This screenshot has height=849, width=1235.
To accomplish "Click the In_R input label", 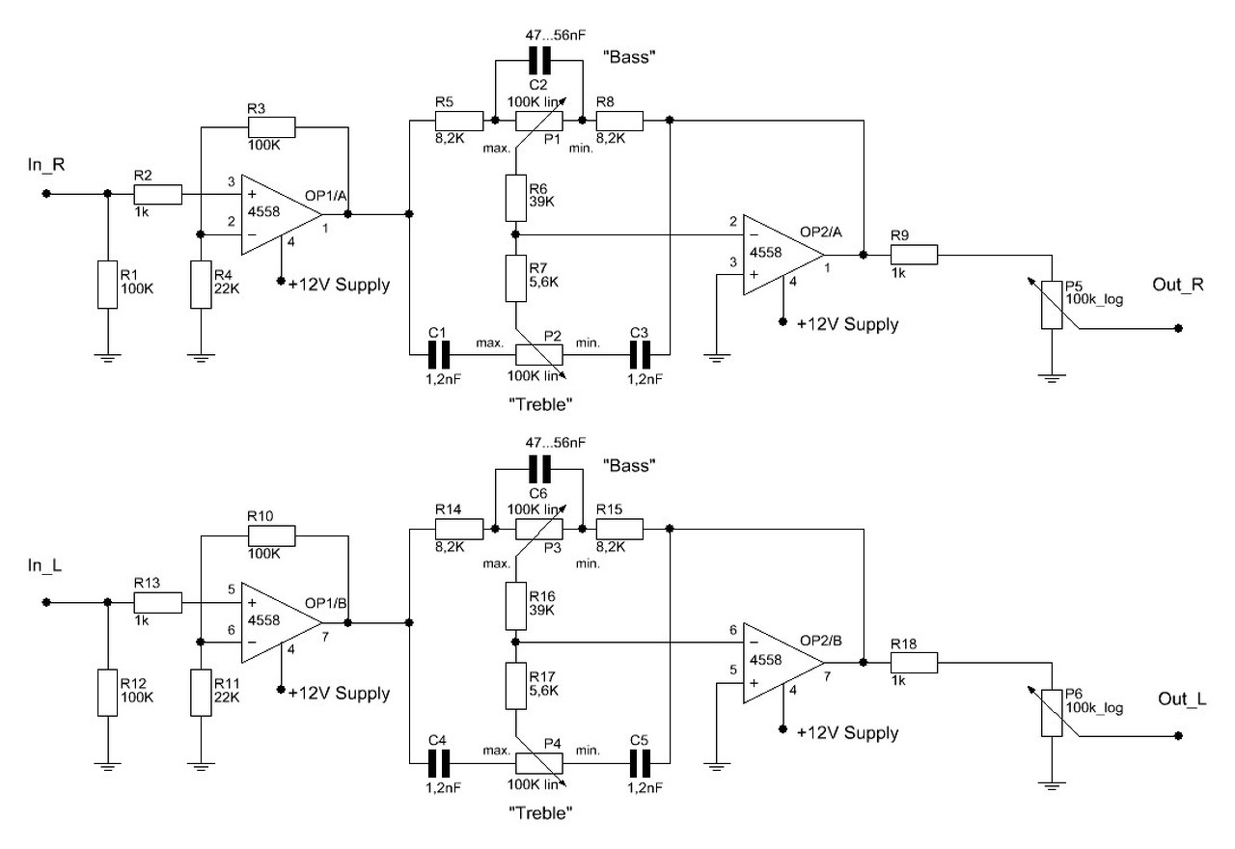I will (45, 164).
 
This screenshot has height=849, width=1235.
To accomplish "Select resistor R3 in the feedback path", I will (271, 128).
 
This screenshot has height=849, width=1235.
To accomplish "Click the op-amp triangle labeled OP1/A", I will (281, 214).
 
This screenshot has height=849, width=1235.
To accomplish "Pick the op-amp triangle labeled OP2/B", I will (782, 662).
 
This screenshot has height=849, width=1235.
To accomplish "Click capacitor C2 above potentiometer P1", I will (539, 63).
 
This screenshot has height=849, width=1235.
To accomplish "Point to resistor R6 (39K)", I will (515, 197).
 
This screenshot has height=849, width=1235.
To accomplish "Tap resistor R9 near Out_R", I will (913, 255).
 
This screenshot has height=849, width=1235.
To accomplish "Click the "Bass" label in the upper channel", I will (633, 58).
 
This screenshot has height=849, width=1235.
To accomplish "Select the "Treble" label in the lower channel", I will (540, 812).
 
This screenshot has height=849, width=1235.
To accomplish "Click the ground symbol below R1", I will (108, 356).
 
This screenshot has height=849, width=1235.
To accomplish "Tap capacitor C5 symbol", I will (640, 762).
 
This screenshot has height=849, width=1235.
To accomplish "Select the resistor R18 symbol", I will (913, 662).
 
